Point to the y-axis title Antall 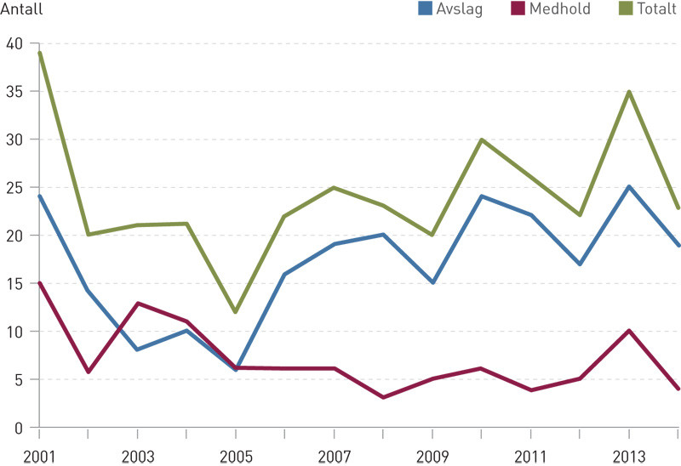click(21, 10)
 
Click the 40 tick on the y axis click(14, 43)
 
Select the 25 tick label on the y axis click(14, 187)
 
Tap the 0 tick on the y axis click(18, 427)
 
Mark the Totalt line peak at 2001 click(39, 53)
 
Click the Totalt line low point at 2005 click(236, 312)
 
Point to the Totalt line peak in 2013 click(629, 92)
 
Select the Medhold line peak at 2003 click(138, 303)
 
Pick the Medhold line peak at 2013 click(629, 331)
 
